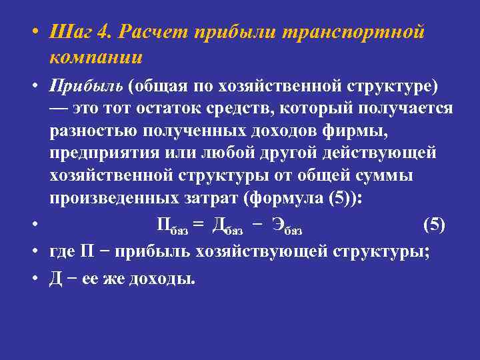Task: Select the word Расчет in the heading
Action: tap(153, 33)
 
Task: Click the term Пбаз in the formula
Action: tap(172, 225)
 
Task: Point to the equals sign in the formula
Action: tap(197, 225)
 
